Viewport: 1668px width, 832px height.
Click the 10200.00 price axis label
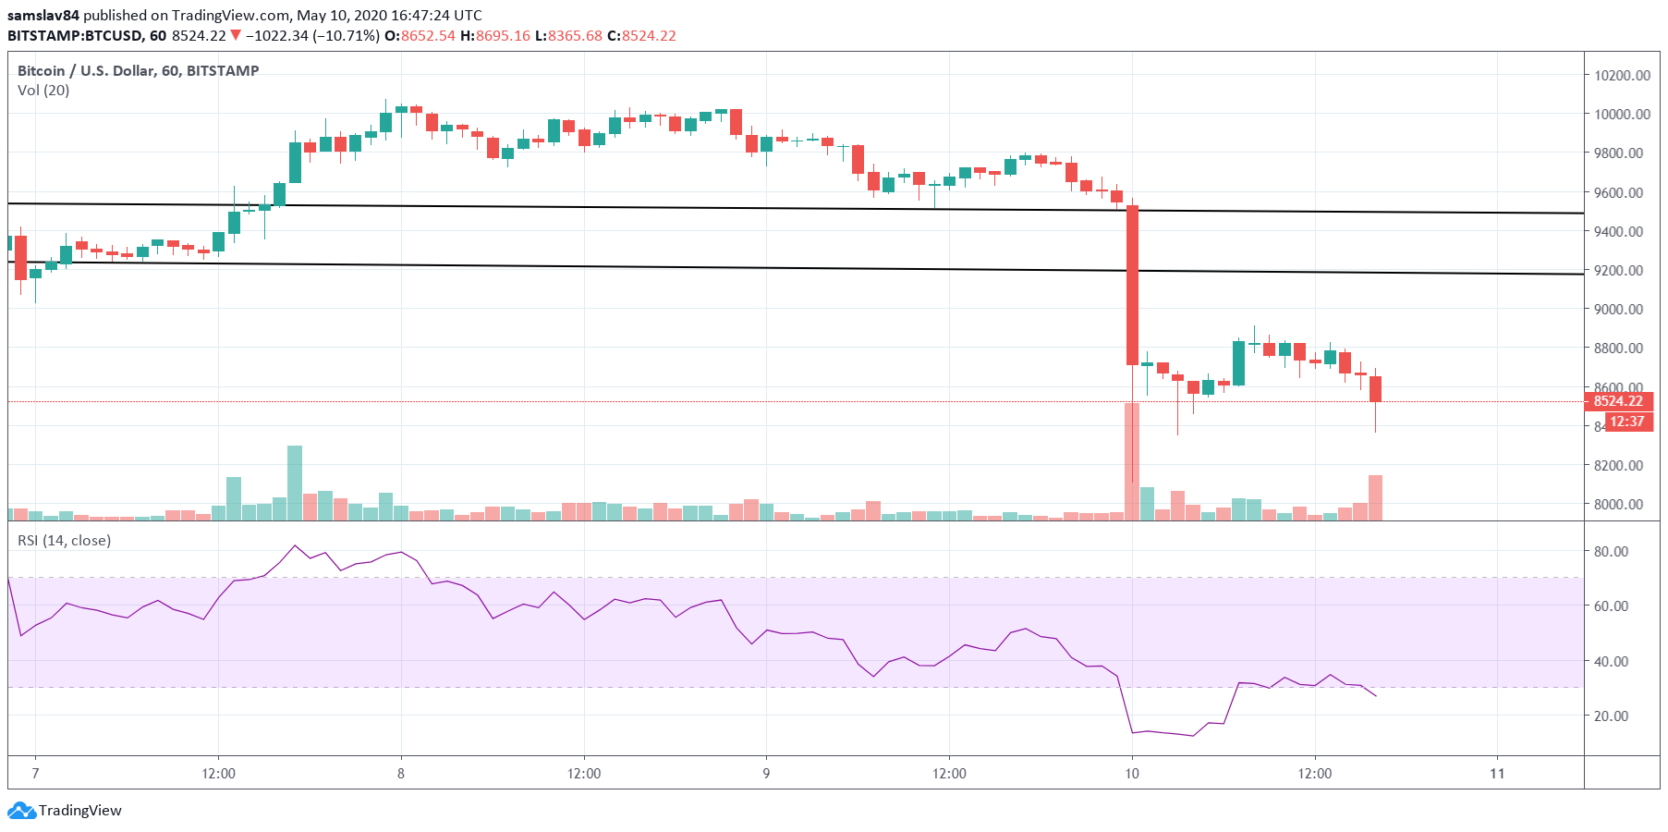tap(1622, 76)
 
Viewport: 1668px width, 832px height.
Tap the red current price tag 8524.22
tap(1618, 401)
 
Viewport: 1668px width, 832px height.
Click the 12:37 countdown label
tap(1626, 422)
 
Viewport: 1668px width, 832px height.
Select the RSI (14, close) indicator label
tap(64, 541)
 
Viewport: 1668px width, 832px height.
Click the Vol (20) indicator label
tap(43, 91)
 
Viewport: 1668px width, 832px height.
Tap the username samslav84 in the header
tap(43, 16)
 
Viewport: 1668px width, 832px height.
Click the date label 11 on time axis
tap(1497, 774)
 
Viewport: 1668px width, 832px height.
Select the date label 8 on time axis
tap(401, 774)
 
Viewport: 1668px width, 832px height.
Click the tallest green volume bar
tap(295, 483)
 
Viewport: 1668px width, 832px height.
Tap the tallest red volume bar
tap(1132, 460)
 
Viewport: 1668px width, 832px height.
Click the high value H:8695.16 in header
tap(495, 36)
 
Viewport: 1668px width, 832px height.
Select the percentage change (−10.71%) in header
tap(346, 36)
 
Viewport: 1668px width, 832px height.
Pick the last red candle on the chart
tap(1375, 389)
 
